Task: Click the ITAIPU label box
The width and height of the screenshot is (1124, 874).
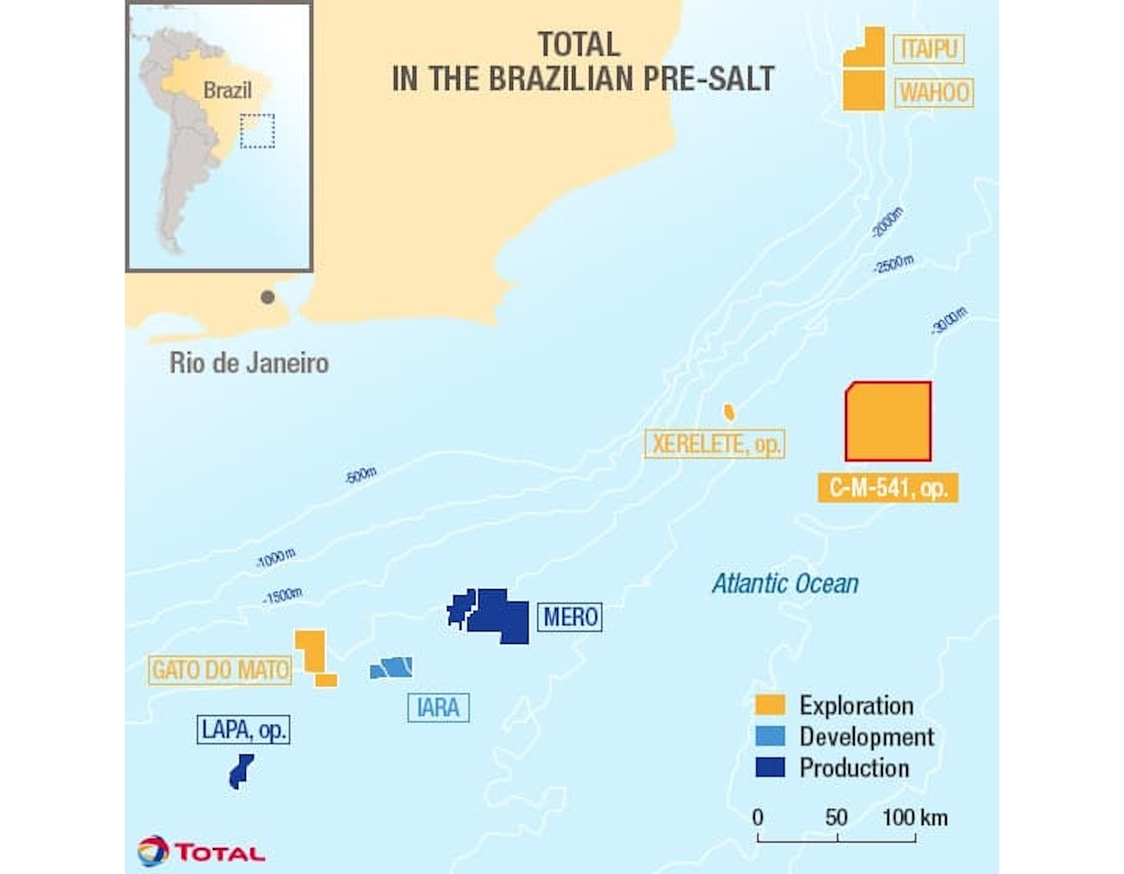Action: point(928,49)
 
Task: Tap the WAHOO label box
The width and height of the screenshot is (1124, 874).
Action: point(934,93)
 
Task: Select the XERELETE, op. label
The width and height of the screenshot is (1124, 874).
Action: point(714,444)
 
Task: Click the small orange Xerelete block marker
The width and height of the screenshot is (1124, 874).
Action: point(729,412)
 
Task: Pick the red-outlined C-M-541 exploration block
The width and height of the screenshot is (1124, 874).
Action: point(888,422)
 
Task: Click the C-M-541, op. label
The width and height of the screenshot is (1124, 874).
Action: point(887,488)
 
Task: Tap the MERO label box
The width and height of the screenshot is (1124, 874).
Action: point(570,617)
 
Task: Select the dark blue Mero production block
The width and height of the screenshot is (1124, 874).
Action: point(500,615)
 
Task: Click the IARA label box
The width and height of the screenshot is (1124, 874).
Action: point(438,708)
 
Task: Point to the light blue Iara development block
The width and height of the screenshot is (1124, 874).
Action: point(392,668)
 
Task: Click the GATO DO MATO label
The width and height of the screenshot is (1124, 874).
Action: point(220,670)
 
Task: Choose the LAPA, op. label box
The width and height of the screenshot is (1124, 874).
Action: point(243,730)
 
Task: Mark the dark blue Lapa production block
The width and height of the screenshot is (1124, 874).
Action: point(240,771)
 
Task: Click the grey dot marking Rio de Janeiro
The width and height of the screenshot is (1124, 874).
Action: point(268,297)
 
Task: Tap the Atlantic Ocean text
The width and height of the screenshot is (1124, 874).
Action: point(784,584)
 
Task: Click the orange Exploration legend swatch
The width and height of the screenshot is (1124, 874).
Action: point(770,705)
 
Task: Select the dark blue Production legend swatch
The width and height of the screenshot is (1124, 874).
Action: point(770,768)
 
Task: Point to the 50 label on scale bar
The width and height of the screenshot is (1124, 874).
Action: point(836,818)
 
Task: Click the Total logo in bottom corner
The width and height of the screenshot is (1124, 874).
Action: point(201,851)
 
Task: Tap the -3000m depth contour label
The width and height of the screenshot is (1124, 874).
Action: point(949,320)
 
